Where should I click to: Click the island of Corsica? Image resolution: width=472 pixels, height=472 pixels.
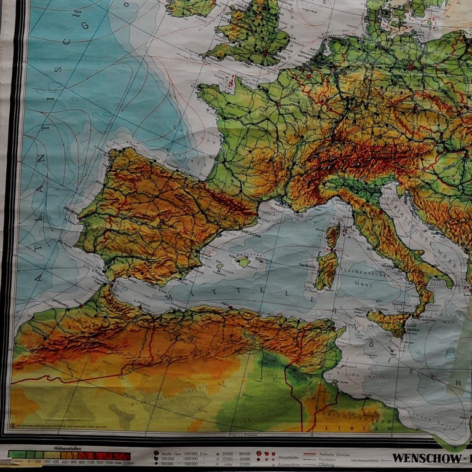click(333, 236)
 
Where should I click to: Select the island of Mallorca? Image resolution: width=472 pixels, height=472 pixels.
click(244, 262)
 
